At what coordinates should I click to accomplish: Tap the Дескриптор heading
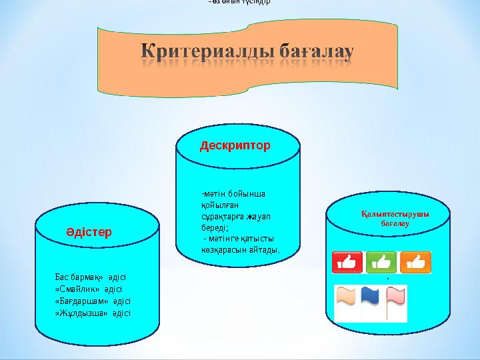pyautogui.click(x=235, y=145)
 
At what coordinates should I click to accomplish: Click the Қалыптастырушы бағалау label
pyautogui.click(x=390, y=219)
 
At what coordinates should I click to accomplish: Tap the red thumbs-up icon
pyautogui.click(x=347, y=263)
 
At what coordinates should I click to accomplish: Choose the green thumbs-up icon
pyautogui.click(x=381, y=263)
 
